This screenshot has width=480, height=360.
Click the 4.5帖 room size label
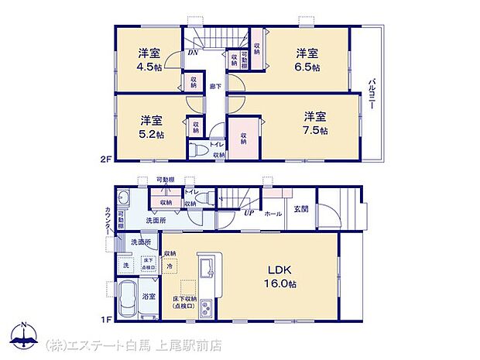[x=149, y=67]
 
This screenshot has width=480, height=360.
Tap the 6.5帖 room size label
[x=307, y=67]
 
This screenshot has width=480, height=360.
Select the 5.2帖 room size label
[x=152, y=134]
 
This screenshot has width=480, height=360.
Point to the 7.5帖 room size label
[x=315, y=131]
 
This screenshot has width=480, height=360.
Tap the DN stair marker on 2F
[x=193, y=53]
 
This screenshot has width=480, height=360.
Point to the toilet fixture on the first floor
[x=202, y=200]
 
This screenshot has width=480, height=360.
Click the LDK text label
[x=279, y=269]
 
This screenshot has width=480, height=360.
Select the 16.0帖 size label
[x=279, y=283]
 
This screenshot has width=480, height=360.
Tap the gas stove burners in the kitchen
[x=207, y=312]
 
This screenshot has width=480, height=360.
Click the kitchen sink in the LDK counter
[x=207, y=271]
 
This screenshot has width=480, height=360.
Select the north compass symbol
[x=23, y=335]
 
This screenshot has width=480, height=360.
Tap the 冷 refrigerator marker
[x=170, y=266]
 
